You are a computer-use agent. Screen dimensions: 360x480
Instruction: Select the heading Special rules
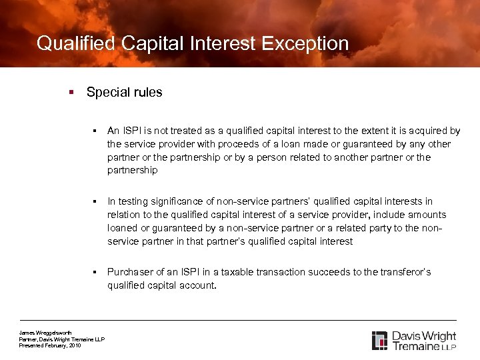[x=124, y=93]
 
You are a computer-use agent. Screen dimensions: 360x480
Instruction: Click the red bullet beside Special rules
[x=71, y=93]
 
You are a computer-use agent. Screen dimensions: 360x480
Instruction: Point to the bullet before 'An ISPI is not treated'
[x=96, y=131]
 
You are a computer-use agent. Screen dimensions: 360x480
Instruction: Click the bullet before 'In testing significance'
[x=96, y=202]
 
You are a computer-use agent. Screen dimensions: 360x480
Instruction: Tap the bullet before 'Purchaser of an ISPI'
[x=96, y=273]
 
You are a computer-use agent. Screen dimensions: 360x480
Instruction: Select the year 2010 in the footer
[x=75, y=345]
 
